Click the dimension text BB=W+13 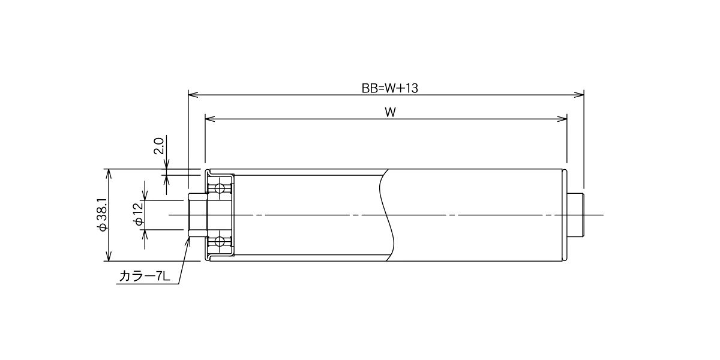[x=389, y=88]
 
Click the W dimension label [x=390, y=113]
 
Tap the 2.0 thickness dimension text [x=159, y=146]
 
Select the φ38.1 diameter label [x=103, y=214]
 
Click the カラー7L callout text [x=145, y=276]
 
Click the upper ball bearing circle [x=220, y=188]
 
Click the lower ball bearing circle [x=220, y=241]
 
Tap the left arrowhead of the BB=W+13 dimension [x=193, y=95]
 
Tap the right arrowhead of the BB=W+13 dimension [x=579, y=95]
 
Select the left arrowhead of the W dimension [x=210, y=119]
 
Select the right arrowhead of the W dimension [x=562, y=119]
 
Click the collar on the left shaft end [x=197, y=215]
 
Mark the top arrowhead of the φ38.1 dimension [x=109, y=173]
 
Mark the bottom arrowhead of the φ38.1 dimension [x=109, y=256]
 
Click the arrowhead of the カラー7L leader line [x=188, y=242]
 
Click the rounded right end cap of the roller [x=565, y=215]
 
